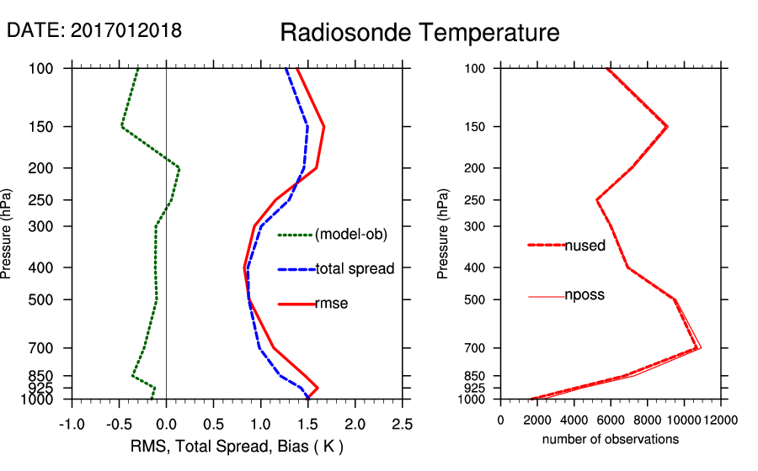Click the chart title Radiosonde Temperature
[419, 33]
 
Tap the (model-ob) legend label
[351, 235]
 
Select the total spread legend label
[355, 269]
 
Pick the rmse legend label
[332, 304]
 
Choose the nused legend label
[585, 246]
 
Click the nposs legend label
[585, 295]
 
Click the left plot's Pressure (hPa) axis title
[8, 234]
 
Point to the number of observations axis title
[610, 439]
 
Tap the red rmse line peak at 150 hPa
[323, 127]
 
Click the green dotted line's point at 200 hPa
[179, 168]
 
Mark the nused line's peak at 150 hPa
[667, 127]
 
